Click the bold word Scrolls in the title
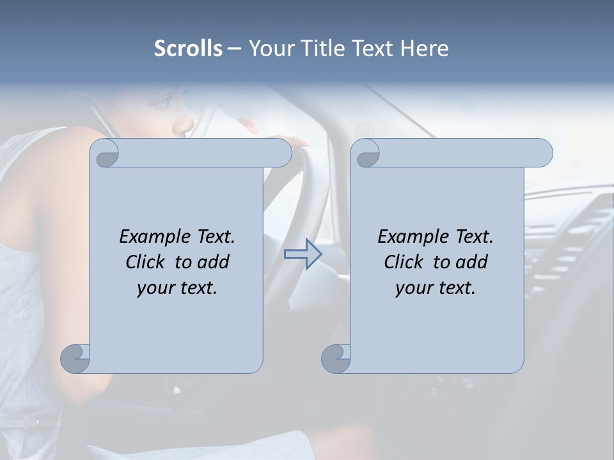tap(189, 49)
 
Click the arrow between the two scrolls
tap(303, 254)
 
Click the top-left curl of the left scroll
tap(105, 154)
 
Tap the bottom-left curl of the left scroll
tap(75, 358)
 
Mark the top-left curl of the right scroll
tap(367, 154)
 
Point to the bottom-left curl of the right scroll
tap(335, 358)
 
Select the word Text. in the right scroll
tap(474, 237)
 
